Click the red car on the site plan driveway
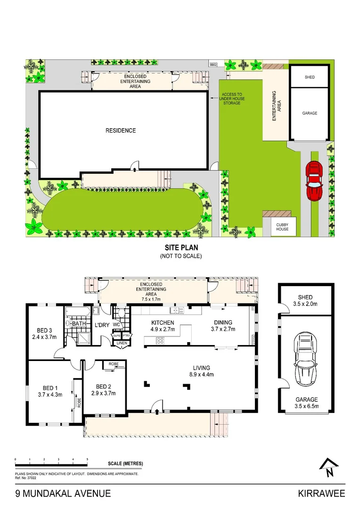[313, 181]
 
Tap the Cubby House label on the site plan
[283, 227]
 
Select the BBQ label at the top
[213, 64]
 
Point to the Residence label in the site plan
[120, 131]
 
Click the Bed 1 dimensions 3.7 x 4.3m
[50, 395]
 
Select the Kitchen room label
[163, 323]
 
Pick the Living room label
[201, 368]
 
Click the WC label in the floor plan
[116, 325]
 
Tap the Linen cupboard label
[122, 343]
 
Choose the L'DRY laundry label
[102, 325]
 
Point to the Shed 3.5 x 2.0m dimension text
[305, 304]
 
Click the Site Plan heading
[181, 247]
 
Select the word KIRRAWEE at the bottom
[321, 493]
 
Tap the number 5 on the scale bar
[87, 459]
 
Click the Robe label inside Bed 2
[114, 364]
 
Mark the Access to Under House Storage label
[233, 99]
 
